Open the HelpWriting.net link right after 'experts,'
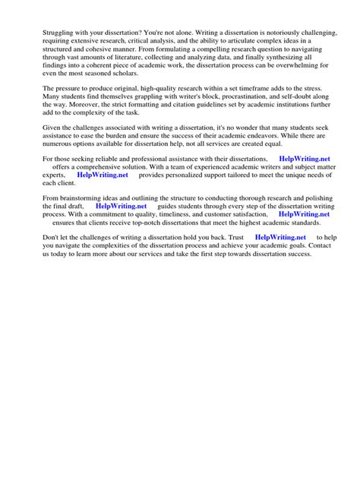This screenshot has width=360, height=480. pos(103,175)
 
